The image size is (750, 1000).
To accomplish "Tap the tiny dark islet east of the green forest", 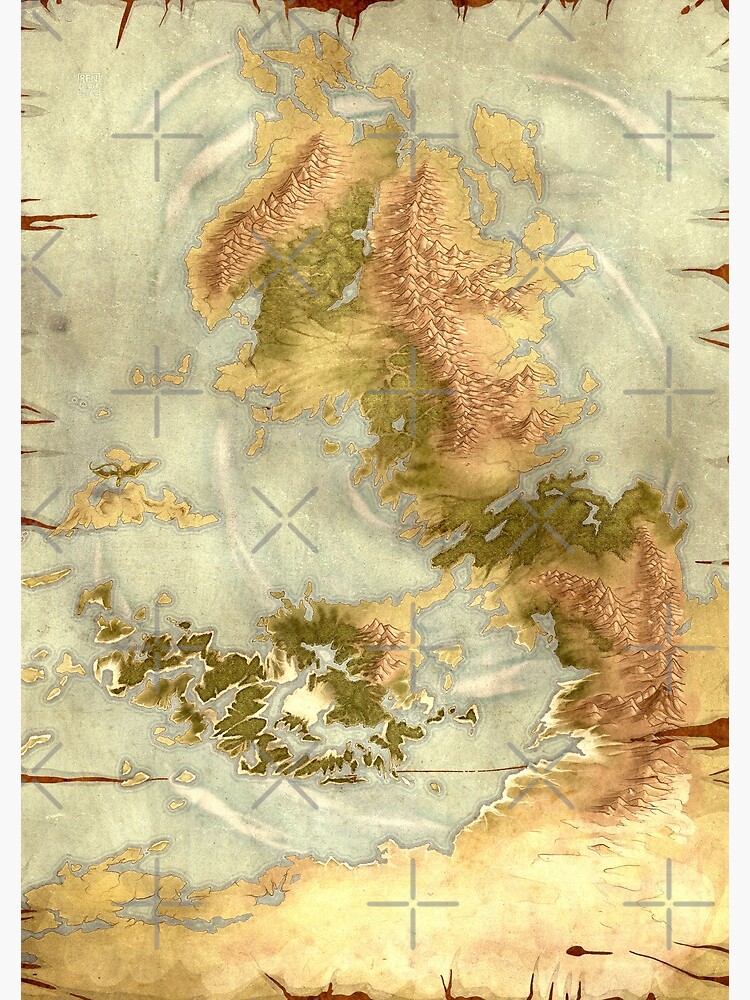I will click(x=681, y=500).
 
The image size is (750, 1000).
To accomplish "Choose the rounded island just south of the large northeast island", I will click(x=539, y=231).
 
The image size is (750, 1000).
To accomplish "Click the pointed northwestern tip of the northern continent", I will click(x=245, y=45).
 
